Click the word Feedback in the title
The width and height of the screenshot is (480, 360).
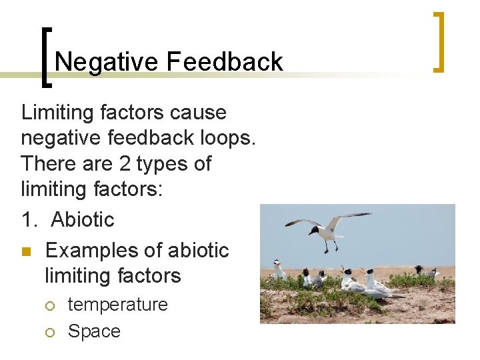(x=225, y=63)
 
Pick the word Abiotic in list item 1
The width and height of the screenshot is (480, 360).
(x=83, y=219)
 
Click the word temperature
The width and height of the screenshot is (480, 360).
(x=118, y=305)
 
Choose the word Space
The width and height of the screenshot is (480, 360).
(x=94, y=331)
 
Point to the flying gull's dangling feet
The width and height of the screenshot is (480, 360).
(x=327, y=249)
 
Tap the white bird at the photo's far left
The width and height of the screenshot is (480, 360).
(x=279, y=270)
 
